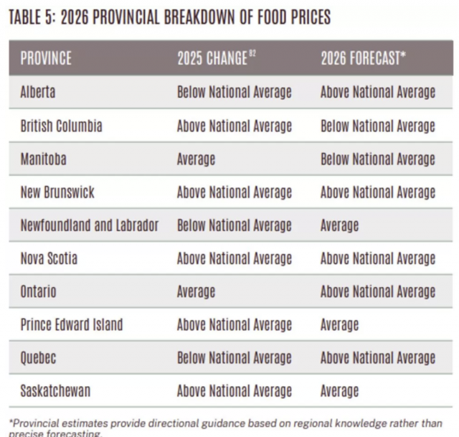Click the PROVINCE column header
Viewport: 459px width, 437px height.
tap(47, 59)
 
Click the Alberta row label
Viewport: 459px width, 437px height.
tap(38, 93)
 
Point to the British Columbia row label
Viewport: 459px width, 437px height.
tap(62, 126)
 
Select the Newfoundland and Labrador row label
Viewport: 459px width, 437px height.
tap(90, 225)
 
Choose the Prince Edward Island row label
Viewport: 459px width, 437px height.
tap(72, 325)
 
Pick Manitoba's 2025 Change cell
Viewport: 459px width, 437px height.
tap(196, 159)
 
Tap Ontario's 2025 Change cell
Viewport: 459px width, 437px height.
tap(196, 292)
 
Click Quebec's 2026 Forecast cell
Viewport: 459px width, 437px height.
tap(378, 358)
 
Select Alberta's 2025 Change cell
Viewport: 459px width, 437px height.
tap(235, 93)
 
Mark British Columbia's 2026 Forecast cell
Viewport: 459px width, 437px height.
tap(378, 126)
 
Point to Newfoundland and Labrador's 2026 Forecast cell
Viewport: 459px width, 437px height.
tap(339, 225)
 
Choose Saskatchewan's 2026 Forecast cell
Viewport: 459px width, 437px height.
tap(339, 391)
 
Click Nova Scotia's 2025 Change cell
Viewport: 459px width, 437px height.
tap(235, 259)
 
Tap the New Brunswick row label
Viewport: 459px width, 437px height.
tap(57, 192)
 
